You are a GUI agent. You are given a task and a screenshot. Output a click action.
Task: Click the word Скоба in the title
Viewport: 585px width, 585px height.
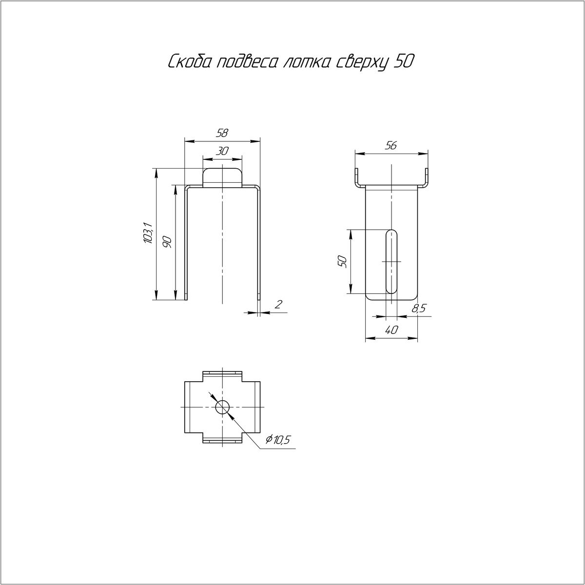pyautogui.click(x=190, y=62)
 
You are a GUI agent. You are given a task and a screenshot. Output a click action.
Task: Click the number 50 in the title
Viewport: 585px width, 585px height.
pyautogui.click(x=403, y=62)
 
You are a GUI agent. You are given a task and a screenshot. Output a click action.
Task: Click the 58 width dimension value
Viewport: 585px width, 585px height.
pyautogui.click(x=222, y=133)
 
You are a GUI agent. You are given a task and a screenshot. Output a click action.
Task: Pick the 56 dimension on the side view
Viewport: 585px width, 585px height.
pyautogui.click(x=390, y=146)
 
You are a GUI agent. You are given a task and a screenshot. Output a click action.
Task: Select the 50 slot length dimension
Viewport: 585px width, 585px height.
pyautogui.click(x=342, y=261)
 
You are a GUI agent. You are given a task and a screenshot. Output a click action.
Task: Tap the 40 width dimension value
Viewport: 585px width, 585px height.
pyautogui.click(x=391, y=330)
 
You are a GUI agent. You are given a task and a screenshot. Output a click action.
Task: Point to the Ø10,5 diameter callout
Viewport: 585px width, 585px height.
pyautogui.click(x=278, y=439)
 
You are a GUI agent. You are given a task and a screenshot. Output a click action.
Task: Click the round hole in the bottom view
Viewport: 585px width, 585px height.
pyautogui.click(x=222, y=407)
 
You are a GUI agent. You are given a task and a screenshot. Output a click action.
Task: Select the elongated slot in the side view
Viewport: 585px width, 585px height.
pyautogui.click(x=391, y=262)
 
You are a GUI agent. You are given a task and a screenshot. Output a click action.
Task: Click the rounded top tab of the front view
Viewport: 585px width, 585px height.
pyautogui.click(x=222, y=177)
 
